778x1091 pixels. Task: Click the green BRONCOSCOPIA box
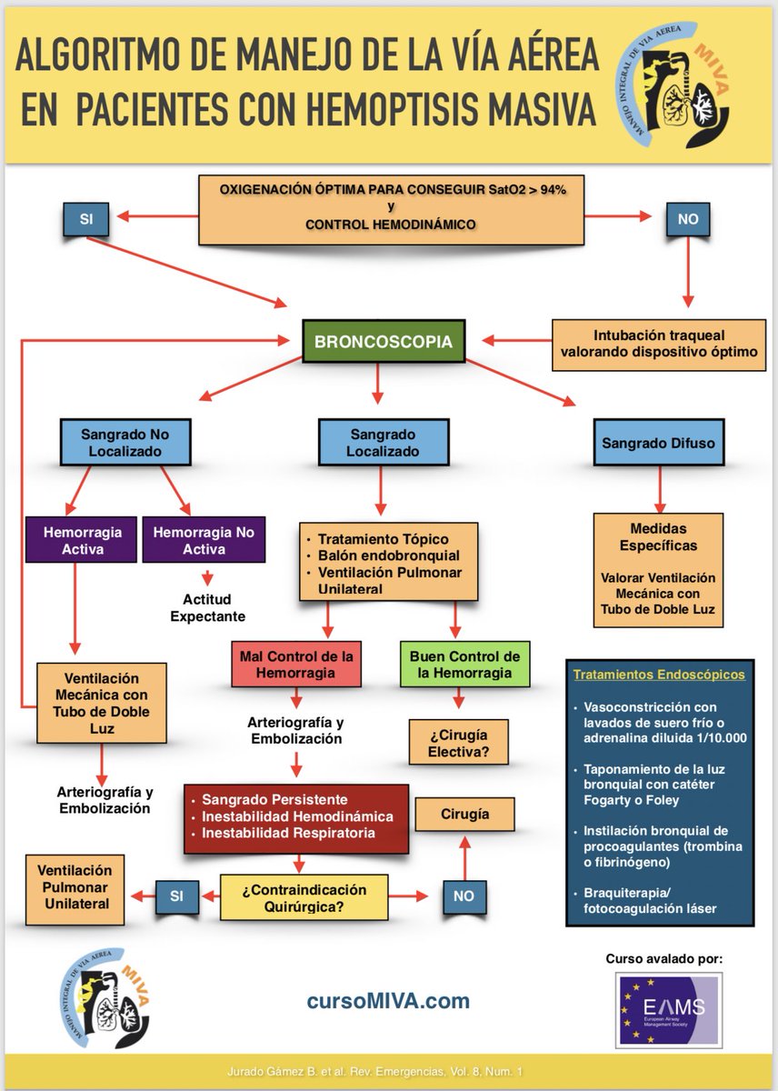tap(384, 341)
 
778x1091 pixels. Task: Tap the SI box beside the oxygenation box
tap(85, 219)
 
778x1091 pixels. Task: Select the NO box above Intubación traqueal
tap(687, 219)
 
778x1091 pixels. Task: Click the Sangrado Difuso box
tap(659, 443)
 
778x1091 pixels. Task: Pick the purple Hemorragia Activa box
tap(81, 540)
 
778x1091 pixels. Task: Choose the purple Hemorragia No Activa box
tap(204, 540)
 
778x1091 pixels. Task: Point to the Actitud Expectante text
tap(207, 607)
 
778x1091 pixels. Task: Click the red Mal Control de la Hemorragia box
tap(296, 664)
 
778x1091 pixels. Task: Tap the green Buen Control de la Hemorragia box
tap(465, 664)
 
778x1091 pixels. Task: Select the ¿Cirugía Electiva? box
tap(459, 743)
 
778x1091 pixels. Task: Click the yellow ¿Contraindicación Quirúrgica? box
tap(304, 898)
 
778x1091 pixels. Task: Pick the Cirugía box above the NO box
tap(464, 814)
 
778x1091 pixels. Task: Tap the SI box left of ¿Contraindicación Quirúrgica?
tap(176, 897)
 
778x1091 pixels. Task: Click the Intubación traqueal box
tap(659, 345)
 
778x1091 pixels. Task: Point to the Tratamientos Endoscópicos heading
tap(659, 675)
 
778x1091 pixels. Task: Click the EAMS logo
tap(668, 1011)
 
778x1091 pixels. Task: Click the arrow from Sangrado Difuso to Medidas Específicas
tap(660, 489)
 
